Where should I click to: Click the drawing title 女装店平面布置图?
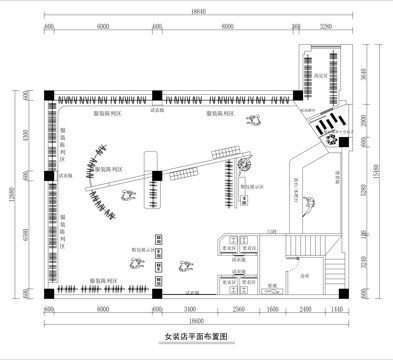tap(195, 338)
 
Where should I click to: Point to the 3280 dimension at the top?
tap(325, 27)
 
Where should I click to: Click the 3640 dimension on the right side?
tap(366, 72)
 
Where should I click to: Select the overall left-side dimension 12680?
tap(9, 198)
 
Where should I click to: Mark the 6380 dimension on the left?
tap(26, 236)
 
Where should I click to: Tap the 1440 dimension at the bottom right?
tap(338, 310)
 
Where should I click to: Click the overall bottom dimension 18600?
tap(195, 322)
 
